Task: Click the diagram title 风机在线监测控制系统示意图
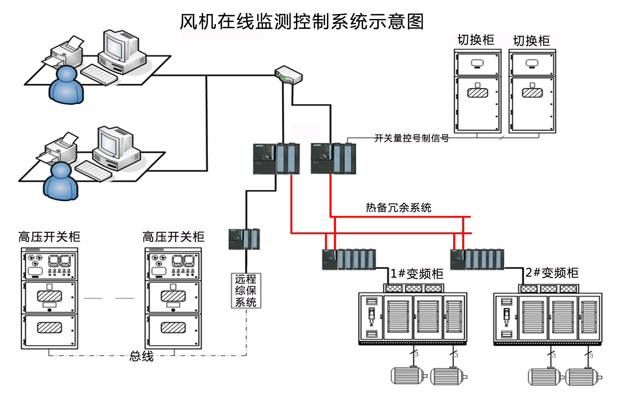(302, 21)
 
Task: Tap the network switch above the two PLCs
(288, 75)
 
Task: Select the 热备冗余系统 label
(398, 208)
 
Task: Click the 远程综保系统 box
(246, 290)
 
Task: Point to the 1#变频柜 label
(417, 274)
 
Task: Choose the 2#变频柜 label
(552, 273)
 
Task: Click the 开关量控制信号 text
(411, 138)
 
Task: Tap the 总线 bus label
(141, 356)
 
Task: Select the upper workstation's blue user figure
(66, 85)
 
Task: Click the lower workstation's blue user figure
(61, 181)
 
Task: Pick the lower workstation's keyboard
(93, 171)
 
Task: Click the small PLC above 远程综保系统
(244, 239)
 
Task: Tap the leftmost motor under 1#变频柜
(408, 375)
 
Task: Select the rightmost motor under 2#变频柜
(582, 377)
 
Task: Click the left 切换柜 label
(476, 40)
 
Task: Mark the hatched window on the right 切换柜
(532, 93)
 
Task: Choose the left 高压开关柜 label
(49, 237)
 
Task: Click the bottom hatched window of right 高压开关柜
(173, 328)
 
